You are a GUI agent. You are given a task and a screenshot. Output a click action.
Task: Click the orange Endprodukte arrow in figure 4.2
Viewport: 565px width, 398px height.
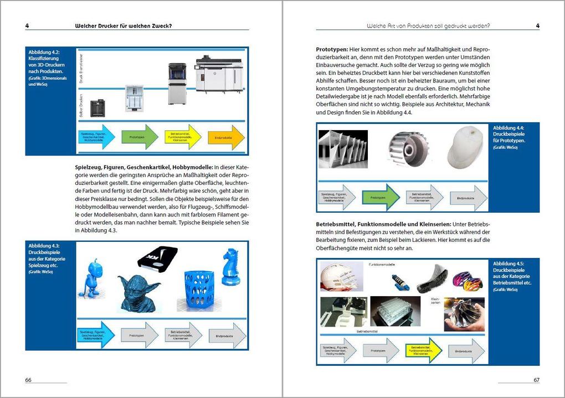(226, 137)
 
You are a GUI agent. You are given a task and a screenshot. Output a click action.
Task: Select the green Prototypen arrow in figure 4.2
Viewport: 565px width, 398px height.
(140, 137)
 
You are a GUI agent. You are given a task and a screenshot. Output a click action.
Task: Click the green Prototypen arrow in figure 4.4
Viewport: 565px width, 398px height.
(380, 198)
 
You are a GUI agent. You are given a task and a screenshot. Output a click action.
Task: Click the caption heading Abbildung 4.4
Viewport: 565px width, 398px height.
(508, 128)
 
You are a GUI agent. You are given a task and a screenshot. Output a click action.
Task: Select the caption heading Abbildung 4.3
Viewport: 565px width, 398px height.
(44, 246)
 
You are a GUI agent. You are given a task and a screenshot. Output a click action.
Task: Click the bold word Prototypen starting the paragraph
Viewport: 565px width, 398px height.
(331, 49)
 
